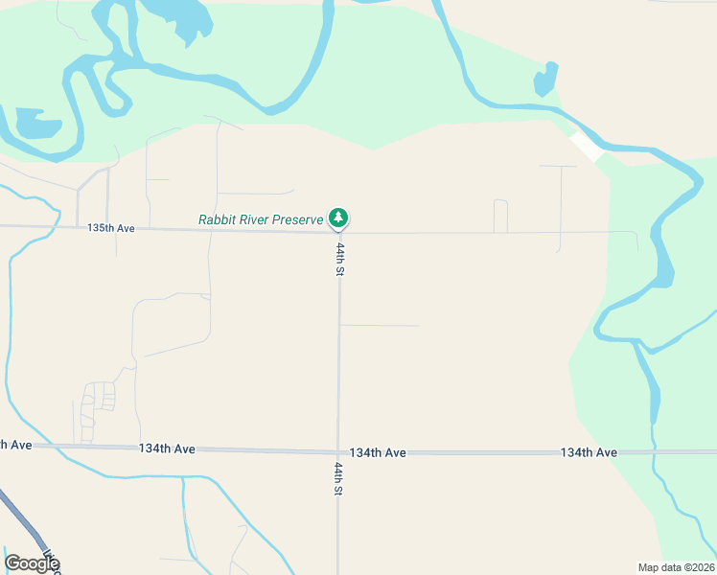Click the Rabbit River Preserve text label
(x=261, y=219)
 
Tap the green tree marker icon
(x=337, y=218)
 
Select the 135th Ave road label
(x=111, y=228)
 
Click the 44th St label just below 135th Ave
(x=339, y=258)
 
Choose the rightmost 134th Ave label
(x=589, y=452)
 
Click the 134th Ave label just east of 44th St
(x=378, y=452)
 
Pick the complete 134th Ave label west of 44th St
(x=167, y=448)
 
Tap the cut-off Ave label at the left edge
(x=16, y=444)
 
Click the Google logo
(x=32, y=563)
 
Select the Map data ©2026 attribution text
(x=676, y=566)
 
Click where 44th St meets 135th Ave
(x=338, y=232)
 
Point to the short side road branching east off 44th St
(x=380, y=326)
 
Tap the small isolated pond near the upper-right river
(x=544, y=80)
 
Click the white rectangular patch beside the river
(x=586, y=147)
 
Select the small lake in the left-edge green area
(x=36, y=123)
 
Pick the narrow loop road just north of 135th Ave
(x=499, y=215)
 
